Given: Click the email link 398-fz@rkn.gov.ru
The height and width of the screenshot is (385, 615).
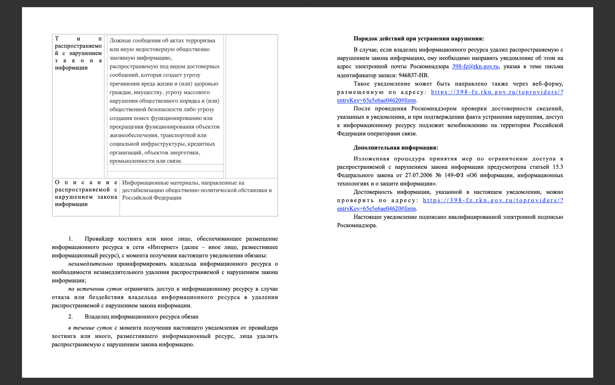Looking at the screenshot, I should tap(475, 67).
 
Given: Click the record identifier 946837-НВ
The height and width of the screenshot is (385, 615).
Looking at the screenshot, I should tap(413, 75).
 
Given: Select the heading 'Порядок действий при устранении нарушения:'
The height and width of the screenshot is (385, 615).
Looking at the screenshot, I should tap(419, 39).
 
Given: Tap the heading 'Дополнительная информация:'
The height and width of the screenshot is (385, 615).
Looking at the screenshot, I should tap(396, 148).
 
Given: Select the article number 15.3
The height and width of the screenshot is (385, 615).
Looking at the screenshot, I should tap(558, 167).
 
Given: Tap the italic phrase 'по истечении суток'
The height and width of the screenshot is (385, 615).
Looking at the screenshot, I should tap(95, 289).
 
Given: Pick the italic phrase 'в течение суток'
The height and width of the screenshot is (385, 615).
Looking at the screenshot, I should tap(90, 328).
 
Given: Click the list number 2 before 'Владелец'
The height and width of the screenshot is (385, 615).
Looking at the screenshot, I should tap(70, 317).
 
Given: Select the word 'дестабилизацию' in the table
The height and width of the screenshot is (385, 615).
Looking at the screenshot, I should tap(143, 190).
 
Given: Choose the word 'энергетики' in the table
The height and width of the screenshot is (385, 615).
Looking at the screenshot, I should tap(184, 153).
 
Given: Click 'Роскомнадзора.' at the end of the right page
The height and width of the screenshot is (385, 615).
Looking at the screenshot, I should tap(357, 226).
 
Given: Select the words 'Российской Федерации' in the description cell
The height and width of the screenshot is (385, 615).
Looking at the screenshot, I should tap(152, 198).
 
